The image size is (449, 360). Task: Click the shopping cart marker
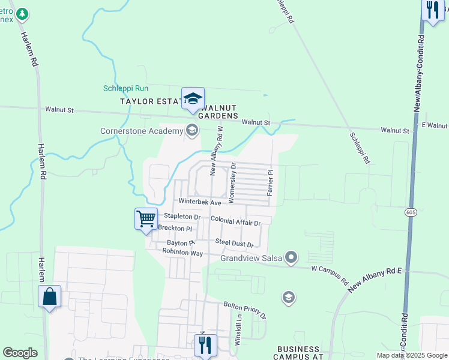[x=146, y=218]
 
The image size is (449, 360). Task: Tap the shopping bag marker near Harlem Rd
[x=49, y=296]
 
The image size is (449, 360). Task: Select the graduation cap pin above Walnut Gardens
[x=193, y=99]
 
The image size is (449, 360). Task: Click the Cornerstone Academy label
[x=141, y=131]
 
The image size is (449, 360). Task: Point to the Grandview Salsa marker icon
[x=292, y=258]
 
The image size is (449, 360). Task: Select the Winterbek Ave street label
[x=199, y=203]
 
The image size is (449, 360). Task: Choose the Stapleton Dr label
[x=182, y=216]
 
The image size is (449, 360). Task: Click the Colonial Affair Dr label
[x=235, y=221]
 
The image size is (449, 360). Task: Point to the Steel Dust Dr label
[x=235, y=243]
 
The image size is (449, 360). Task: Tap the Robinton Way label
[x=182, y=253]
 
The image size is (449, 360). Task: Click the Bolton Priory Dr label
[x=245, y=309]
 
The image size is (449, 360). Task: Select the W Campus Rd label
[x=330, y=274]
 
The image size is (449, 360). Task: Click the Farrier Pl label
[x=271, y=182]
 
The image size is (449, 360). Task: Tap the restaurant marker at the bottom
[x=205, y=345]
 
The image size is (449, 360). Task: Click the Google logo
[x=20, y=353]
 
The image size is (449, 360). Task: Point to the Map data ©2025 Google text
[x=411, y=355]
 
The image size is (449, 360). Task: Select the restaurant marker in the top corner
[x=432, y=10]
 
